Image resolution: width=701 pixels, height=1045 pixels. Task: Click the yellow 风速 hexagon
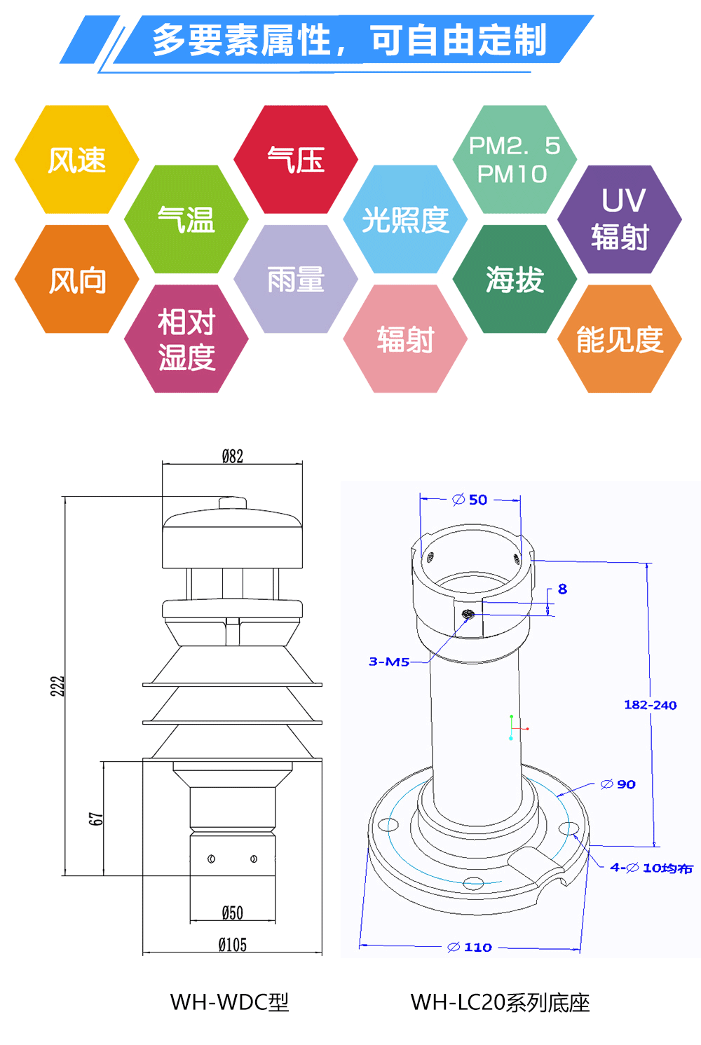click(x=77, y=160)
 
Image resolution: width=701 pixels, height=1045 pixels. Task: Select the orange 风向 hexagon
click(x=77, y=280)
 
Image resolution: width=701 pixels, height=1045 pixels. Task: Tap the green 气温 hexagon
click(x=186, y=219)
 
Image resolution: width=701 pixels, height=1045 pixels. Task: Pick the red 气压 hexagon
click(x=296, y=160)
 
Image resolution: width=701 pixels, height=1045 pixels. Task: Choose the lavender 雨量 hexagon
click(x=296, y=280)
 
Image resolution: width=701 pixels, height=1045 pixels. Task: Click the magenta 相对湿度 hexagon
click(x=186, y=339)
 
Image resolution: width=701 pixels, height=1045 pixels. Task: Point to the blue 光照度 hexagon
click(x=405, y=219)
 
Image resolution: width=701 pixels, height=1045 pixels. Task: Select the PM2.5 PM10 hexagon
click(x=515, y=160)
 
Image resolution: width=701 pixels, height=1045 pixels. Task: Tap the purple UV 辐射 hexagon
click(x=620, y=219)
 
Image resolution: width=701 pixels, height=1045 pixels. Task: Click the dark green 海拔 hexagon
click(x=515, y=280)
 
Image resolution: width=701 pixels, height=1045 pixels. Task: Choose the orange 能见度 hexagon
click(x=620, y=339)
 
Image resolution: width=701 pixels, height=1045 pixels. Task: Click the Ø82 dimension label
click(x=233, y=457)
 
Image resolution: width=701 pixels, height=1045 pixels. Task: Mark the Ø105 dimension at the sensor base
click(x=233, y=945)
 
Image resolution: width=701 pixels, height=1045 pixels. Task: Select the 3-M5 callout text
click(x=389, y=662)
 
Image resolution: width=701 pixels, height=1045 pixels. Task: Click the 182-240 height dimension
click(x=650, y=705)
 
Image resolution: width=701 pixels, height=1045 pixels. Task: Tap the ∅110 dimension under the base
click(x=470, y=948)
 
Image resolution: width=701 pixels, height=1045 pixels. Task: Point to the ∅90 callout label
click(x=618, y=784)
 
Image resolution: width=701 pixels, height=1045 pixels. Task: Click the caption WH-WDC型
click(x=229, y=1002)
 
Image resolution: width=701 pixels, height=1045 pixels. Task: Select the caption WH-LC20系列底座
click(x=500, y=1002)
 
